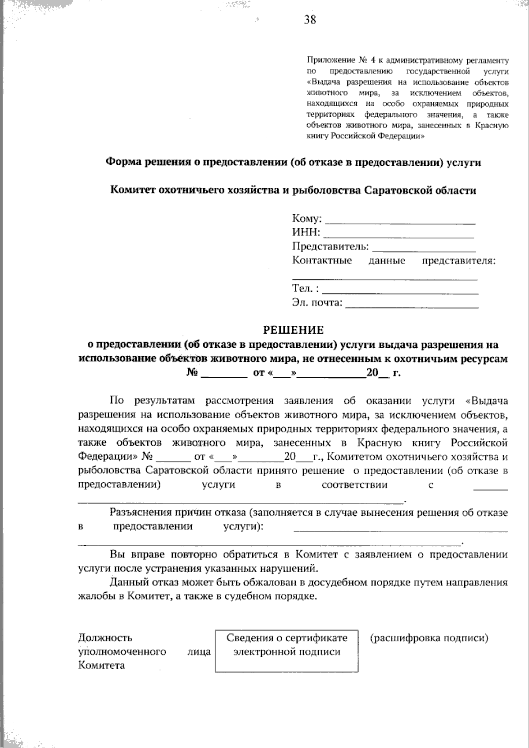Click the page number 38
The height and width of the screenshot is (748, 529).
pos(309,20)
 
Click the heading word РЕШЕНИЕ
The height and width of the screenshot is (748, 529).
pos(293,330)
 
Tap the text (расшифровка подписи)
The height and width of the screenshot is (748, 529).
pos(429,638)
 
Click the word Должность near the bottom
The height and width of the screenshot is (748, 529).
pos(105,638)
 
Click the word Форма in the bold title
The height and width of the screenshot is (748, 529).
pos(122,163)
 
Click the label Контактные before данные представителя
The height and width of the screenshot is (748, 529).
pos(322,260)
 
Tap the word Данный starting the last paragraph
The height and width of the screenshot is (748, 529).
pos(128,583)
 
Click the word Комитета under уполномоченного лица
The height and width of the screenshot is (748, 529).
pos(102,666)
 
